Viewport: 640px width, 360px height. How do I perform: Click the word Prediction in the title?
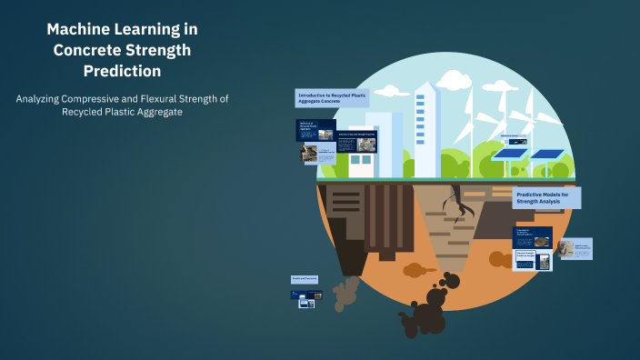[x=122, y=70]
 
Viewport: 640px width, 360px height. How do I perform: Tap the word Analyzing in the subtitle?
[x=46, y=98]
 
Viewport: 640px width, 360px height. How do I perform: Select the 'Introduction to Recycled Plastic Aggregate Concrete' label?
[x=332, y=98]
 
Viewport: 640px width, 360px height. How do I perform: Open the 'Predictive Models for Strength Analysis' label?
[x=547, y=198]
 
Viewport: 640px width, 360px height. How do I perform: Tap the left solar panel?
[x=511, y=155]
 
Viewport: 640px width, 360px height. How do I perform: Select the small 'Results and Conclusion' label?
[x=305, y=280]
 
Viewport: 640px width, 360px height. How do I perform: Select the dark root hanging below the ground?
[x=465, y=211]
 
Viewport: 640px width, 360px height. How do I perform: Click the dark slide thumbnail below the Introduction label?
[x=315, y=130]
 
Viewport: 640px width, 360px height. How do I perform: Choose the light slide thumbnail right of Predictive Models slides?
[x=575, y=248]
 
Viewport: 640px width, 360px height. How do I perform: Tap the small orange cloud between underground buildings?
[x=415, y=270]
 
